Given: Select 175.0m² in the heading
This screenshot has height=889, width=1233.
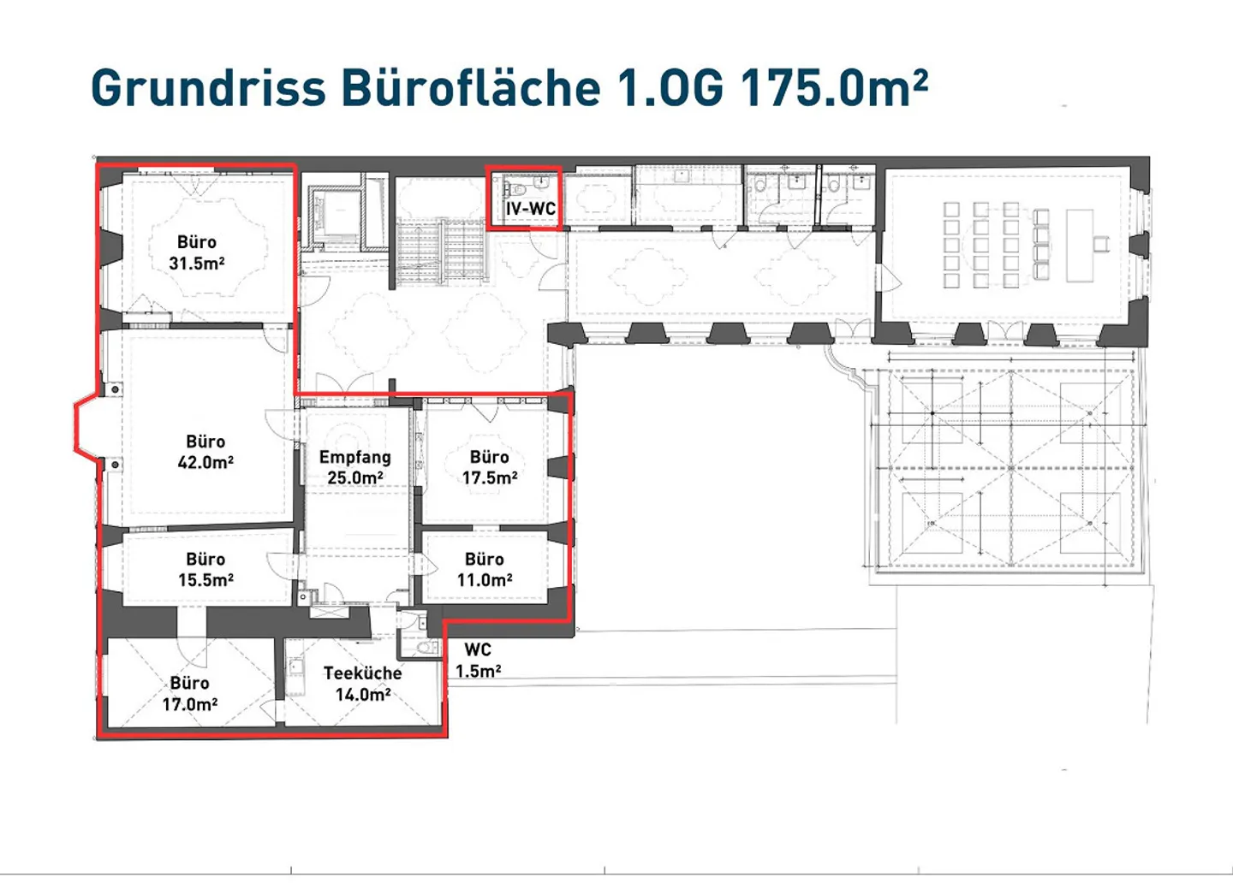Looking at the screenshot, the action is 834,87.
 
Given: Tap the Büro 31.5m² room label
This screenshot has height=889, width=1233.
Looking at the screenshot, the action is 197,252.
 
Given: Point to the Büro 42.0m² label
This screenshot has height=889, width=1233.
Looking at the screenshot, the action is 205,452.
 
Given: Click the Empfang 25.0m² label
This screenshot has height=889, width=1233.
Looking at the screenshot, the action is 355,467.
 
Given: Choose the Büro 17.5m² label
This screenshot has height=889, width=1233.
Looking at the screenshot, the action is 490,467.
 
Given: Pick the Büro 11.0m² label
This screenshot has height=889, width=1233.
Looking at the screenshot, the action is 485,569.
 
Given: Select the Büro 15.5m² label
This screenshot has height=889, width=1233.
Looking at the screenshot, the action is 205,569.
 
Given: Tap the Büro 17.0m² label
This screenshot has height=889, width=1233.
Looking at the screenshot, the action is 189,693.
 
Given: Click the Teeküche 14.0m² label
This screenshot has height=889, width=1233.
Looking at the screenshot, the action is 363,684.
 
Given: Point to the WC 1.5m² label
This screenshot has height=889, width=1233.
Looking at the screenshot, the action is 478,661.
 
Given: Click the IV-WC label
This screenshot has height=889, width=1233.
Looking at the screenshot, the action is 531,209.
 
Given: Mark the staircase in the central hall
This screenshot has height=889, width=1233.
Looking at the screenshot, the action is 441,251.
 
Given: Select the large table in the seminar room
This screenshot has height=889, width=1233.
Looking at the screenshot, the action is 1080,246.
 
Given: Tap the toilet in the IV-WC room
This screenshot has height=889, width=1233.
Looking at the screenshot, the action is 515,189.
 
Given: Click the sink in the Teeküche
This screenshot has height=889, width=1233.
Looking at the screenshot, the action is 296,667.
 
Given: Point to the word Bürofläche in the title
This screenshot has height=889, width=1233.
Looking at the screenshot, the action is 471,87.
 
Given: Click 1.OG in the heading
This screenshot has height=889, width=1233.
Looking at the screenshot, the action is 670,87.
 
